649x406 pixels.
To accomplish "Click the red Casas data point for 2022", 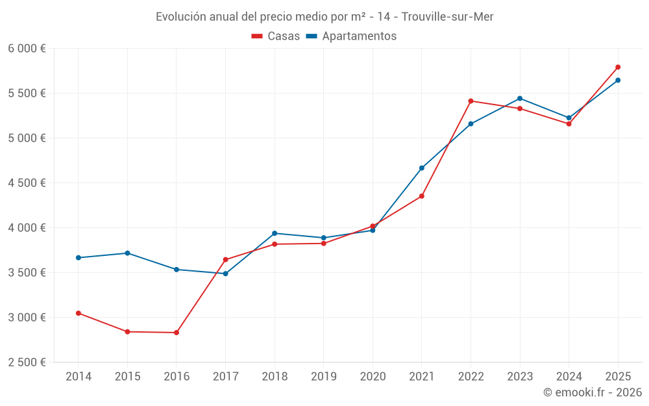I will click(x=471, y=101).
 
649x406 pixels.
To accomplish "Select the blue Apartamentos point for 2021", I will click(x=422, y=168).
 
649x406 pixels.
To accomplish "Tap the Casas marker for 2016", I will click(x=177, y=333).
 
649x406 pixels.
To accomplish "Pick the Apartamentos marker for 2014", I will click(x=79, y=258).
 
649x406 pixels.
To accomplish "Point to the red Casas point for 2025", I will click(x=618, y=67).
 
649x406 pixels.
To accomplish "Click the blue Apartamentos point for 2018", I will click(x=275, y=233).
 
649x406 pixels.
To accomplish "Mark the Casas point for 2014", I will click(x=79, y=313).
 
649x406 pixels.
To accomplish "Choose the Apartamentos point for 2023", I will click(x=520, y=98).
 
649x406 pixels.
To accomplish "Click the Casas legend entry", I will click(x=276, y=36).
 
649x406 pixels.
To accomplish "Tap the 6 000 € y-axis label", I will click(x=27, y=49).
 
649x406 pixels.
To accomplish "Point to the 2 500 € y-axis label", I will click(x=27, y=362).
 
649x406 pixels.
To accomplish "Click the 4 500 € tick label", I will click(x=27, y=183).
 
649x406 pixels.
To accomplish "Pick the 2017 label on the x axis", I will click(x=225, y=377).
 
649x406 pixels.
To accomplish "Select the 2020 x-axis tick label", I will click(x=373, y=377).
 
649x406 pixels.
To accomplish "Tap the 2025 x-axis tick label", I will click(x=618, y=377).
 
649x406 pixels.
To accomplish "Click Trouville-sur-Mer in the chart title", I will click(x=447, y=17).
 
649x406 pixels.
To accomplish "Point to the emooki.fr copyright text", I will click(x=592, y=392).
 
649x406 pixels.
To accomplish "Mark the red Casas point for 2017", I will click(x=225, y=260).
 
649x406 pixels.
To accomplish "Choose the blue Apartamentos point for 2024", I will click(x=569, y=118).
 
